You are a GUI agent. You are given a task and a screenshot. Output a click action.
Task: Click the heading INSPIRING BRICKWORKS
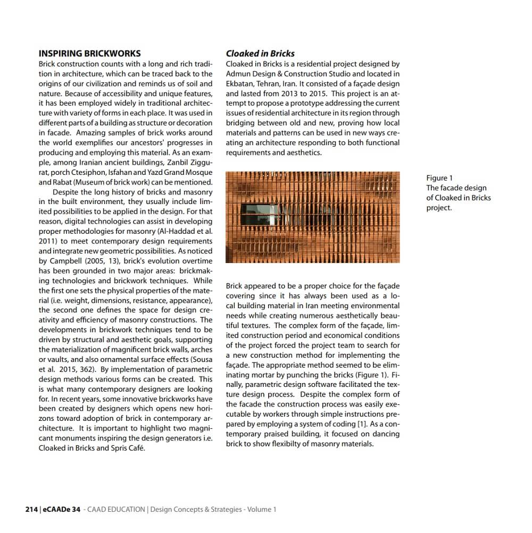(x=90, y=53)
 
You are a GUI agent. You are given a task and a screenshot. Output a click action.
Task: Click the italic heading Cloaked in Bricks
(x=260, y=53)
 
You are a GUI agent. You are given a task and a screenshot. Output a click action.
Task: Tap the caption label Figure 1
(x=439, y=178)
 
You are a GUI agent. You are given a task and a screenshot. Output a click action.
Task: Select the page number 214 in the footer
(x=31, y=509)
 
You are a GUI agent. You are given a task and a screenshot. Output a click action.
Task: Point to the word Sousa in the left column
(x=202, y=359)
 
